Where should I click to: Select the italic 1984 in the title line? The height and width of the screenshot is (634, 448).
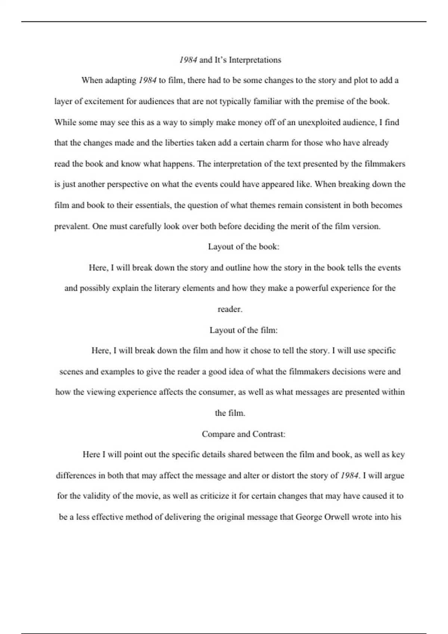point(188,60)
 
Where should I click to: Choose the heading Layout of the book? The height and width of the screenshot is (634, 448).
point(243,247)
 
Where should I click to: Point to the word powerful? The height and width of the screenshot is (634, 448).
point(312,288)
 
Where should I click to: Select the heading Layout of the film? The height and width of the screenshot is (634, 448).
point(243,330)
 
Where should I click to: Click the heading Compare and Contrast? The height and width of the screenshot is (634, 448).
point(243,434)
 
